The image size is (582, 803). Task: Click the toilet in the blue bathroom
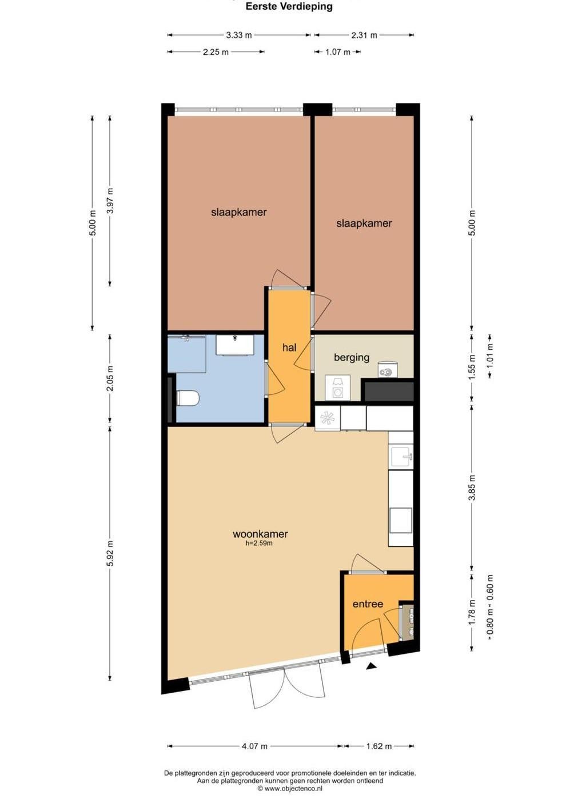[x=188, y=398]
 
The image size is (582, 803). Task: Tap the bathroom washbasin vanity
[x=235, y=345]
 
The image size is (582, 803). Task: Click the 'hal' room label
[x=289, y=347]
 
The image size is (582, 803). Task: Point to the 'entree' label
[x=368, y=604]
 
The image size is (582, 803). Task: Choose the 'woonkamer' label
[x=260, y=534]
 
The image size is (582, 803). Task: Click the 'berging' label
[x=352, y=357]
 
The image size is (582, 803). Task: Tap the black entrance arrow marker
[x=371, y=666]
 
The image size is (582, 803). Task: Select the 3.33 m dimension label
[x=239, y=35]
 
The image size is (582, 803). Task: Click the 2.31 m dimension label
[x=364, y=35]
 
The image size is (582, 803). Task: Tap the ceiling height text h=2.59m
[x=259, y=543]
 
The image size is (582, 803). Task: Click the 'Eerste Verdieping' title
[x=289, y=6]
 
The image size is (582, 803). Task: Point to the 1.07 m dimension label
[x=337, y=53]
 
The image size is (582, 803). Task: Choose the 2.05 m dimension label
[x=111, y=378]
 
